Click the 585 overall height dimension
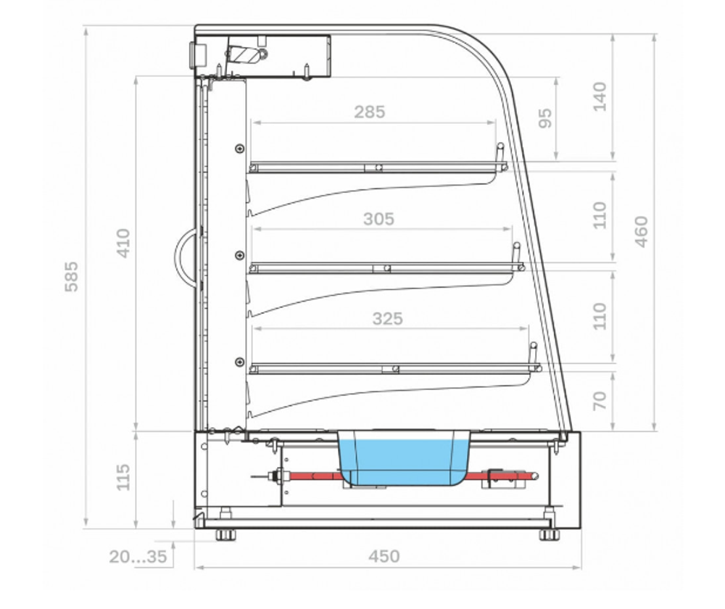pyautogui.click(x=71, y=276)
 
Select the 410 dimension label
pyautogui.click(x=123, y=243)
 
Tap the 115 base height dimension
pyautogui.click(x=123, y=477)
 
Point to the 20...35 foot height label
pyautogui.click(x=138, y=556)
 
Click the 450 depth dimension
pyautogui.click(x=384, y=556)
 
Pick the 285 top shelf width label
pyautogui.click(x=370, y=112)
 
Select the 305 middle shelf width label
pyautogui.click(x=378, y=219)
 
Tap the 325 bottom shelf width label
pyautogui.click(x=387, y=318)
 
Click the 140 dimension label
pyautogui.click(x=600, y=96)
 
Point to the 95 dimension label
pyautogui.click(x=546, y=118)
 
